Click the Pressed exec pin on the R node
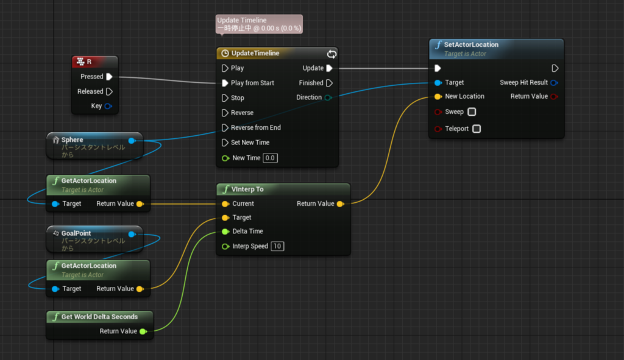click(109, 77)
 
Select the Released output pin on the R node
click(109, 91)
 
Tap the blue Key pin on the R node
click(108, 106)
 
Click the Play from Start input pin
click(225, 83)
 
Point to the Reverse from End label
click(255, 128)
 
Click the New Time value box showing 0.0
click(271, 158)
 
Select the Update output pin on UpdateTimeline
click(330, 68)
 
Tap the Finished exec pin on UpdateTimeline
click(330, 83)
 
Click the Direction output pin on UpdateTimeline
click(328, 97)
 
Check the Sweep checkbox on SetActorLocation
click(472, 112)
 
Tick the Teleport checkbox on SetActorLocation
click(477, 129)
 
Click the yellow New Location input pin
click(438, 96)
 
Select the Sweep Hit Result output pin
click(553, 82)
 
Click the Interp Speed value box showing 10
click(277, 246)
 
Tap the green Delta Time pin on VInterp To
click(225, 231)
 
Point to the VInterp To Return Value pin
click(340, 203)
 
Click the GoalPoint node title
click(76, 233)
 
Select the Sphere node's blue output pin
click(132, 140)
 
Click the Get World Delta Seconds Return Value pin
click(143, 331)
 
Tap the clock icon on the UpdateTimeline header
click(225, 54)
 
